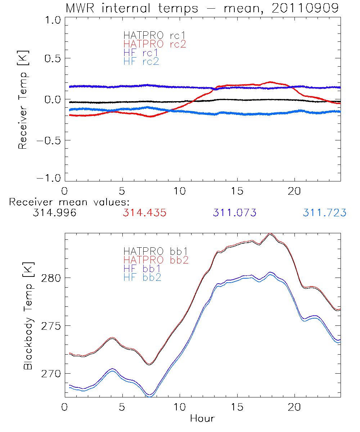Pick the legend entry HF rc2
141,62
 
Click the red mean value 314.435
144,213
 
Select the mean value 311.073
234,213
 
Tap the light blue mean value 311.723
324,213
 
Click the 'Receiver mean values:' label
69,202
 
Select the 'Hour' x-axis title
202,418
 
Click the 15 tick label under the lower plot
237,408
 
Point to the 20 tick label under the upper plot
295,190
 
